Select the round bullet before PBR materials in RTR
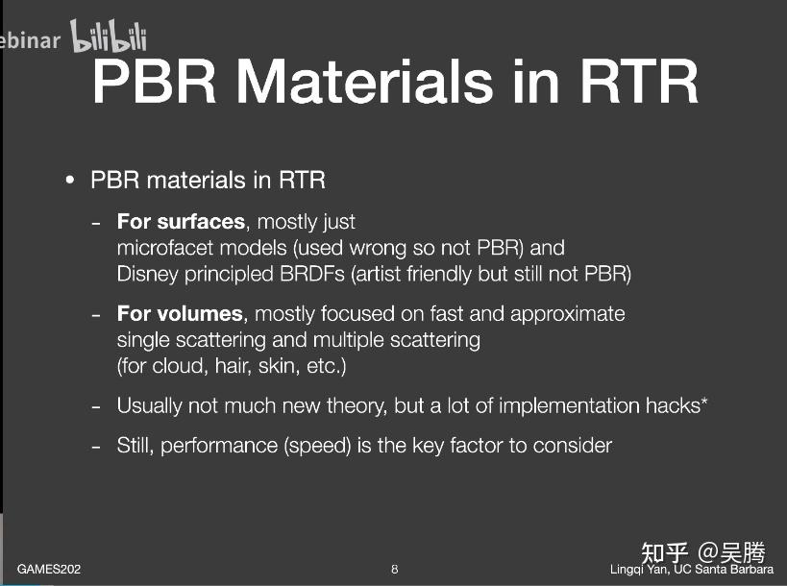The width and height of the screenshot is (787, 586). tap(70, 181)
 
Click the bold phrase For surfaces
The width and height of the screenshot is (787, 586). tap(181, 222)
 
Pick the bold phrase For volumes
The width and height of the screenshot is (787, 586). tap(180, 314)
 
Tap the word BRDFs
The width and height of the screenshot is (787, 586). tap(315, 274)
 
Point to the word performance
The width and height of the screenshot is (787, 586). tap(218, 446)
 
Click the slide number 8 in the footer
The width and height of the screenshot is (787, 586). tap(394, 570)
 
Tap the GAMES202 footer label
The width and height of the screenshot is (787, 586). tap(49, 570)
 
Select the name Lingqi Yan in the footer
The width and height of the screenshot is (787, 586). tap(638, 570)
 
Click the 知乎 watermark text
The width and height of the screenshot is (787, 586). tap(665, 553)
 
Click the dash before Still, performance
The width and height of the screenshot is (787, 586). tap(95, 446)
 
